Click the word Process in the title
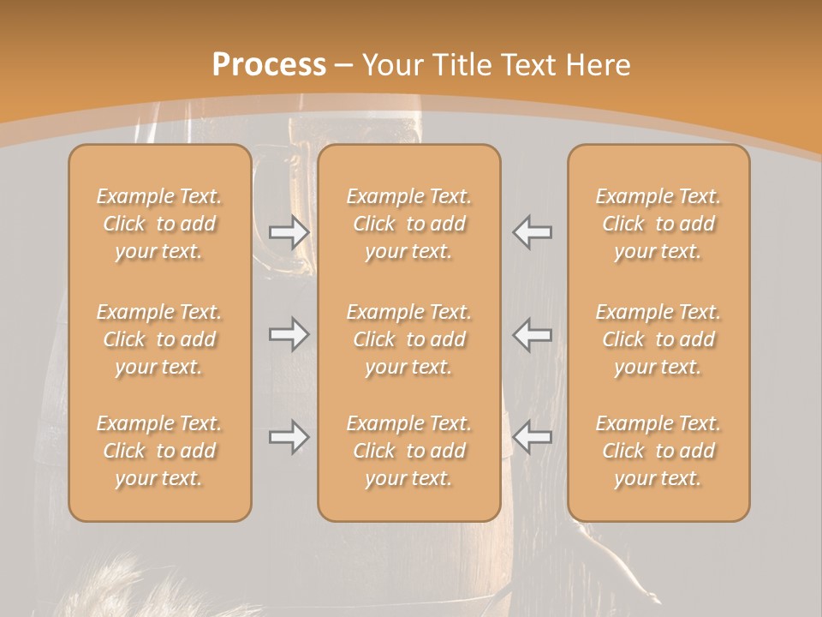click(269, 65)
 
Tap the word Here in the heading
click(597, 65)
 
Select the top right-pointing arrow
click(289, 232)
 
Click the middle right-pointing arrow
click(289, 333)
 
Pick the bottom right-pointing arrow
click(289, 437)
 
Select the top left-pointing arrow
click(533, 232)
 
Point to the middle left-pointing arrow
click(533, 333)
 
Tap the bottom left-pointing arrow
click(533, 437)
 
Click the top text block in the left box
click(159, 224)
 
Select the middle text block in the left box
click(159, 339)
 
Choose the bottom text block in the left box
click(159, 451)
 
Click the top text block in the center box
click(408, 224)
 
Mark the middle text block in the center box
click(408, 339)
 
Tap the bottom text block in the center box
click(408, 451)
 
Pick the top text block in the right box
click(658, 224)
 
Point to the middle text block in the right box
click(658, 339)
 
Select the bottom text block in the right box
click(658, 451)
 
